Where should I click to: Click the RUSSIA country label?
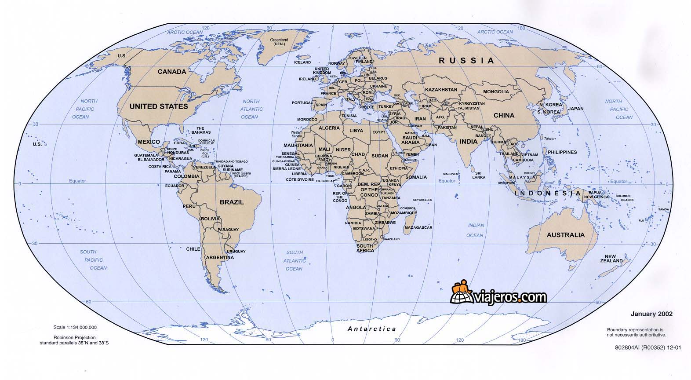point(466,61)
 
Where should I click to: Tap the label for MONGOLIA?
point(496,92)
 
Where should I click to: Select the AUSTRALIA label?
point(565,235)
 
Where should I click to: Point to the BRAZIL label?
point(232,202)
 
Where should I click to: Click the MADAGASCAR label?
point(418,227)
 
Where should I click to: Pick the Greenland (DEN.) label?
point(279,42)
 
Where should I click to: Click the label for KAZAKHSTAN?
point(441,90)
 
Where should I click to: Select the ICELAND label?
point(302,62)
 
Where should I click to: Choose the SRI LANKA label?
point(479,175)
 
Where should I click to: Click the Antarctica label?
point(372,329)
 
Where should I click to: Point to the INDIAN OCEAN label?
point(476,230)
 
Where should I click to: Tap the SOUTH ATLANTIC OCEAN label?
point(295,260)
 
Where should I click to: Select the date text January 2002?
point(651,314)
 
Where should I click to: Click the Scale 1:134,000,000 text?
point(75,327)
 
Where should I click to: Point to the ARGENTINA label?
point(220,257)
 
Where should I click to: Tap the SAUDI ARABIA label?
point(411,139)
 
